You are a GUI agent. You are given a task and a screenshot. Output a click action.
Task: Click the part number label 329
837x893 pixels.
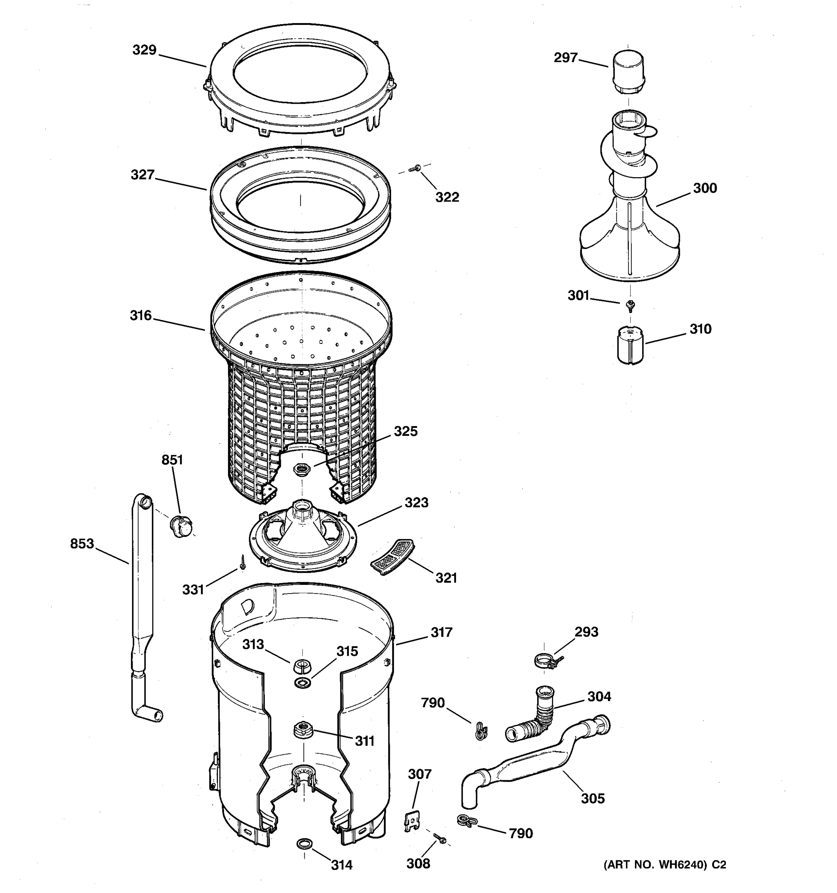pos(144,50)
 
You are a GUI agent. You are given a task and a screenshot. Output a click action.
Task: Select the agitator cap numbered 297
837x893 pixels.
pos(628,72)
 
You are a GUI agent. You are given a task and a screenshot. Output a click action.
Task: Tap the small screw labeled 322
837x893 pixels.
pos(414,169)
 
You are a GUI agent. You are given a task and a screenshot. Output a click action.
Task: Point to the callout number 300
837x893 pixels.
pos(705,188)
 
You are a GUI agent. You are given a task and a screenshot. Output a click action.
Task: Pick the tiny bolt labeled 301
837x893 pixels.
pos(631,305)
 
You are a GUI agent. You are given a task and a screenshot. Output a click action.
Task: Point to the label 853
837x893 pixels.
pos(82,544)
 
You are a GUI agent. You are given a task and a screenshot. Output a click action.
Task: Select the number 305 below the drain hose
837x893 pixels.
pos(593,798)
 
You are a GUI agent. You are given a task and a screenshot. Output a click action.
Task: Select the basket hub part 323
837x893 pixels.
pos(303,537)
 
